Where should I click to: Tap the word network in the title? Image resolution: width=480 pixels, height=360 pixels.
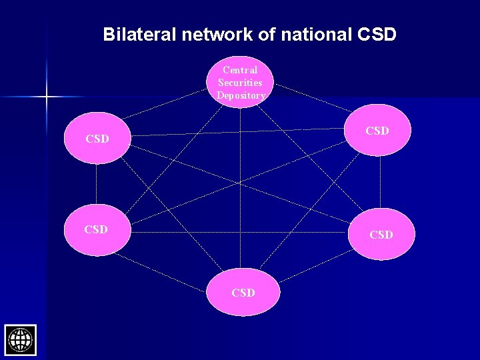(215, 35)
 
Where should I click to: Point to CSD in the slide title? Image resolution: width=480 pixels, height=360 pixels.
(377, 35)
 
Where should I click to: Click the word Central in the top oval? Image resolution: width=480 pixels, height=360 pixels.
(240, 70)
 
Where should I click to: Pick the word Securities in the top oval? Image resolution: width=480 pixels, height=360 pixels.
(240, 83)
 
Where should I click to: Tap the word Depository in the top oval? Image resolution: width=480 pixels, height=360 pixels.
(241, 95)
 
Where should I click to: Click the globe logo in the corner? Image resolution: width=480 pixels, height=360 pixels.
(20, 340)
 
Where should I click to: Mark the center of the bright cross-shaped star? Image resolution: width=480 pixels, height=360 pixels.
(47, 97)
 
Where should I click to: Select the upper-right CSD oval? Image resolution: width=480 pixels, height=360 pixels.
(378, 131)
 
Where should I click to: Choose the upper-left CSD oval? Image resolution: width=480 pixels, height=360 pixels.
(97, 139)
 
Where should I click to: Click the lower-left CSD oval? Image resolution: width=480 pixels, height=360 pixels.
(96, 230)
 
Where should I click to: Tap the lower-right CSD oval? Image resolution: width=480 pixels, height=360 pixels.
(381, 234)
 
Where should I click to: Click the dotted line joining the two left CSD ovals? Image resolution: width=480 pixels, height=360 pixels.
(96, 184)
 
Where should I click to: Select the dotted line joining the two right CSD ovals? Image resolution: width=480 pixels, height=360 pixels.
(380, 182)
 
